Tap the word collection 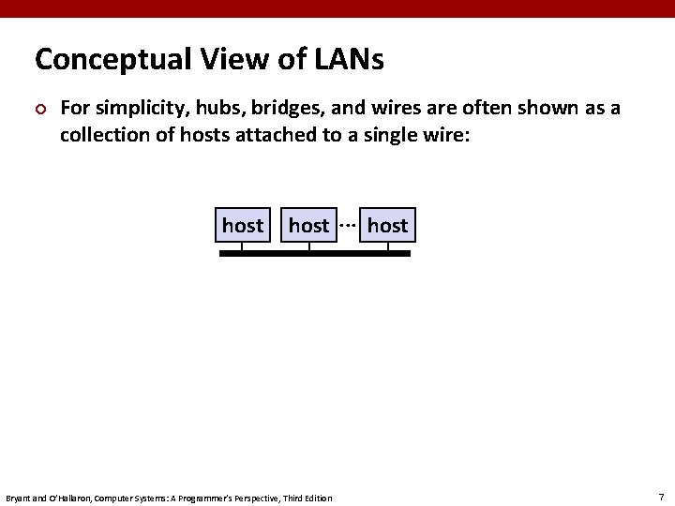pos(102,134)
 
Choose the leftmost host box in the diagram pos(242,226)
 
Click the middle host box pos(308,226)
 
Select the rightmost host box pos(387,226)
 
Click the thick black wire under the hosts pos(315,254)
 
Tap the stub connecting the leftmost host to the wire pos(242,247)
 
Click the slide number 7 pos(661,496)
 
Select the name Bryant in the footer pos(19,497)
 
